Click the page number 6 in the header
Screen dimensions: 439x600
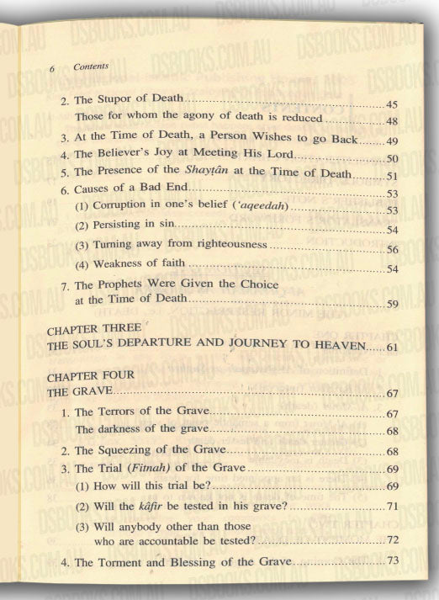pos(52,66)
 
